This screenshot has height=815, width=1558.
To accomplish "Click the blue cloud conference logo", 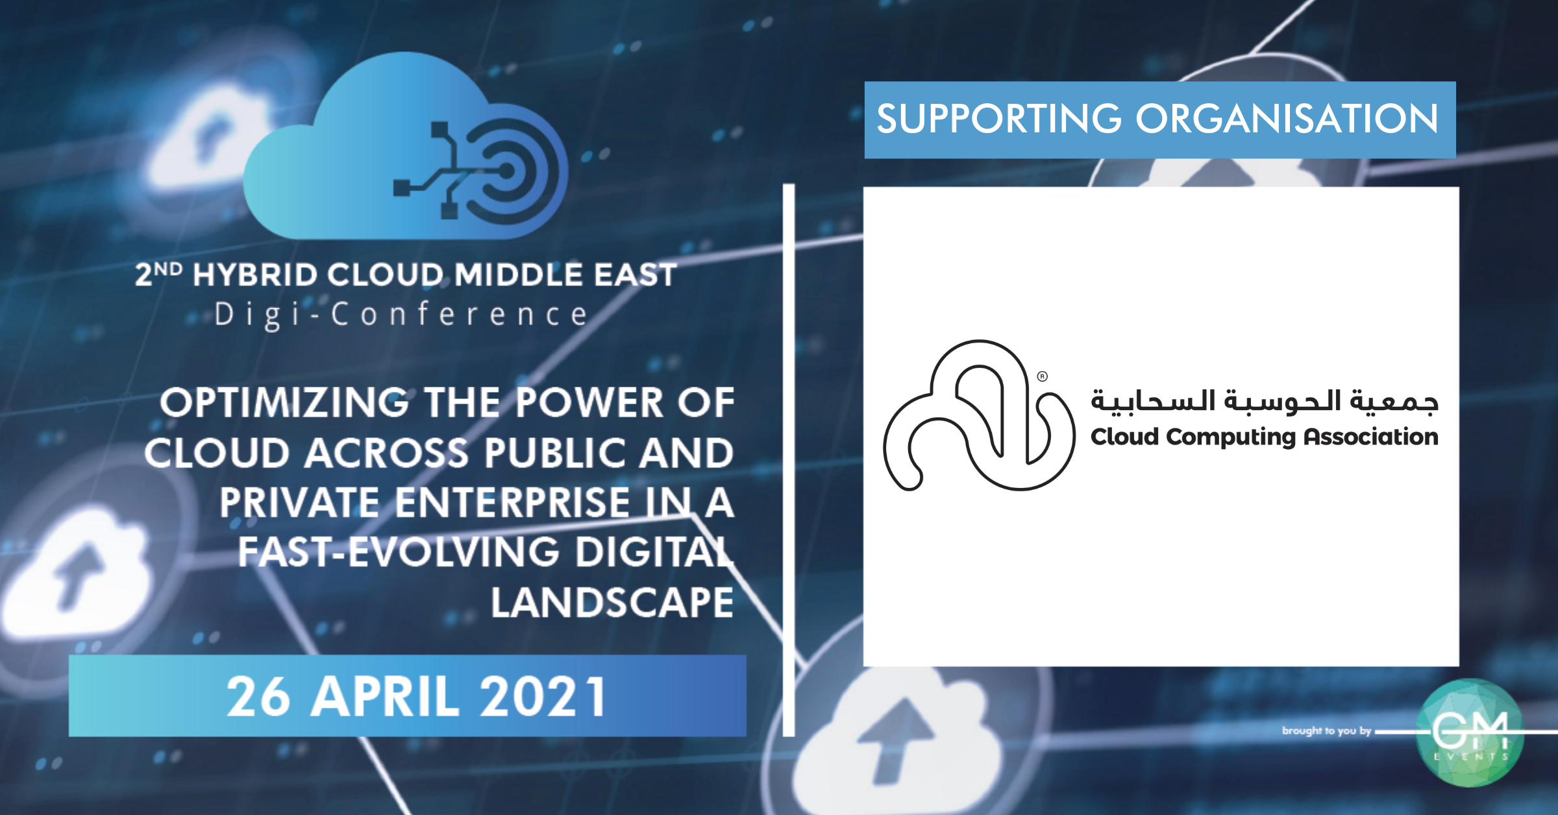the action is point(406,146).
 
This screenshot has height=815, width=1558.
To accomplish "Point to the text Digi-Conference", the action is point(402,315).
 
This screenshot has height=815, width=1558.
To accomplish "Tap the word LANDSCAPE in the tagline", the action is point(612,602).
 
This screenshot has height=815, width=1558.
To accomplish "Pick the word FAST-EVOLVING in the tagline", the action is point(399,552).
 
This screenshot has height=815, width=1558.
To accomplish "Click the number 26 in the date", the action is point(258,696).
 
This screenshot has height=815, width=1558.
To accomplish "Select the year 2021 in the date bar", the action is point(543,696).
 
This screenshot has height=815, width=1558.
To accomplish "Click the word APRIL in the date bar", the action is point(384,696).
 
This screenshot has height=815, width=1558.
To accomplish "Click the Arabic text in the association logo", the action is point(1265,400).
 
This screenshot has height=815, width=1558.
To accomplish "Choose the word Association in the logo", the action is point(1371,437).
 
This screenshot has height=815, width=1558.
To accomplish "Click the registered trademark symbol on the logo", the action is point(1043,376).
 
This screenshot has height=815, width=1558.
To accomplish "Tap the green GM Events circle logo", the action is point(1470,733).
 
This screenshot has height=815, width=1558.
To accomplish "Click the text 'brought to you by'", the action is point(1326,731).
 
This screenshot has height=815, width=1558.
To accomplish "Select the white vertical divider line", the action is point(789,460).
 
